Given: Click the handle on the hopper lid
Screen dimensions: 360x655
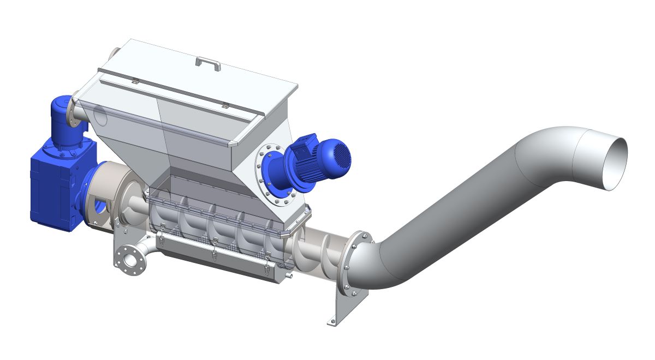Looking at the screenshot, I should pyautogui.click(x=208, y=62).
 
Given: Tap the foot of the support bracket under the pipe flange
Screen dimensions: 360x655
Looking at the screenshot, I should pyautogui.click(x=332, y=322).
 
